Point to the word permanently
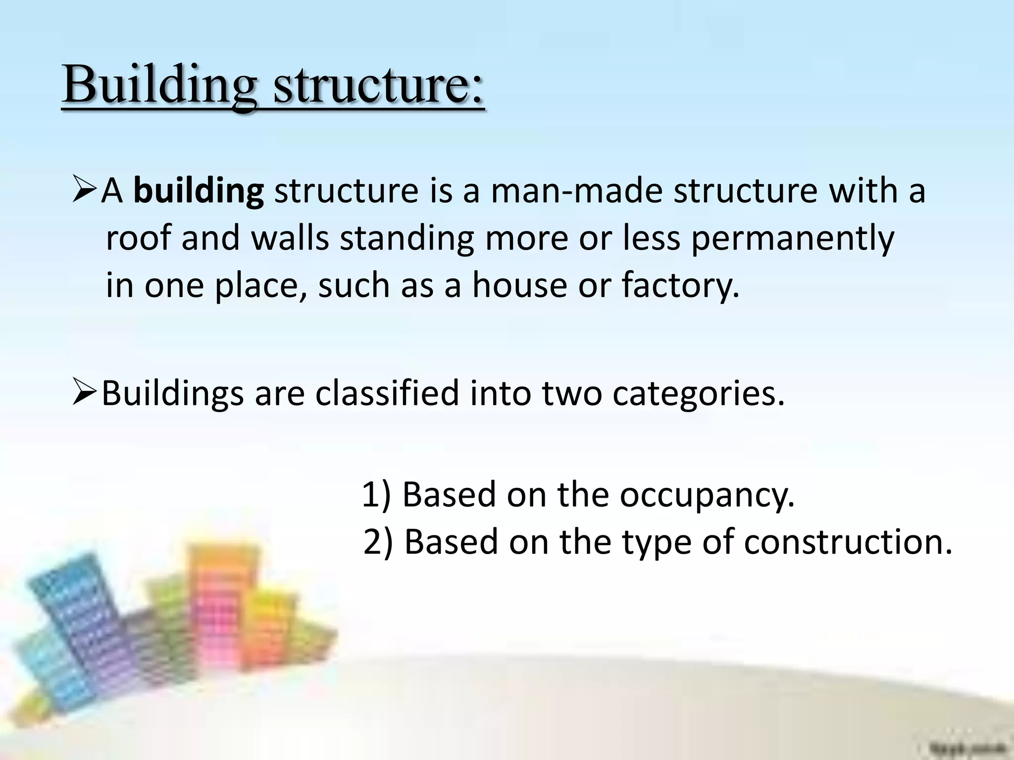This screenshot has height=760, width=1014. click(792, 239)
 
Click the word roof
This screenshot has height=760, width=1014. click(139, 239)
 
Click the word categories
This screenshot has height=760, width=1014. click(698, 394)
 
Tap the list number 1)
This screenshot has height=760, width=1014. click(376, 495)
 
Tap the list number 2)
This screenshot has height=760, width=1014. click(378, 542)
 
